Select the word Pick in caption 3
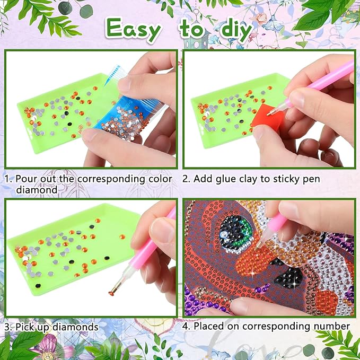[25, 327]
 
